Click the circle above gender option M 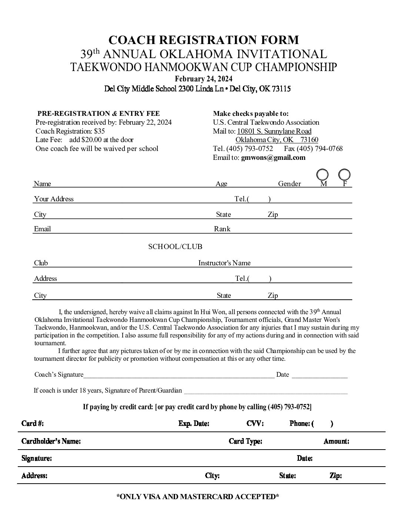pyautogui.click(x=323, y=174)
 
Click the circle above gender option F pyautogui.click(x=344, y=174)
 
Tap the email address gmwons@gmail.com pyautogui.click(x=273, y=158)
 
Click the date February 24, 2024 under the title pyautogui.click(x=203, y=79)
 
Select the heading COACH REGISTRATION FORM pyautogui.click(x=203, y=40)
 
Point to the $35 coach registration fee pyautogui.click(x=99, y=131)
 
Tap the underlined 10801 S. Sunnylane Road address pyautogui.click(x=274, y=131)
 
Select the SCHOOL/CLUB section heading pyautogui.click(x=175, y=246)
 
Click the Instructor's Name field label pyautogui.click(x=224, y=263)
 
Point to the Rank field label pyautogui.click(x=222, y=229)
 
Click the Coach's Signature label pyautogui.click(x=59, y=374)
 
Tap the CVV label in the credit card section pyautogui.click(x=255, y=424)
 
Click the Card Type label pyautogui.click(x=245, y=441)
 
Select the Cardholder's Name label pyautogui.click(x=51, y=441)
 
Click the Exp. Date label pyautogui.click(x=194, y=424)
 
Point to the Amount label pyautogui.click(x=336, y=441)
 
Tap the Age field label pyautogui.click(x=221, y=184)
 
